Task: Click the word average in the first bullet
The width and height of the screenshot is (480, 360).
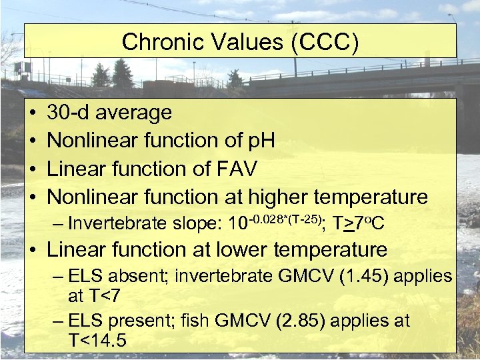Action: pos(138,113)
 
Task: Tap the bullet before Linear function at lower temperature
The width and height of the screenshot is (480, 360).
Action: pos(33,251)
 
